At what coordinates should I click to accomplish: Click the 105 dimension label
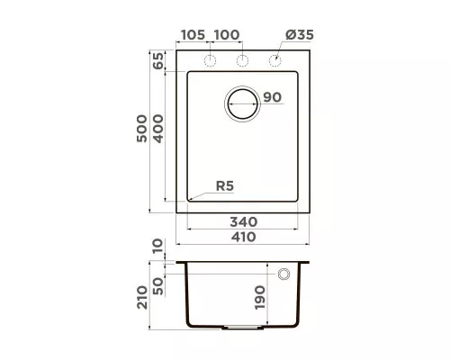pyautogui.click(x=193, y=35)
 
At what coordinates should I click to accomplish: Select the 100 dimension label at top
pyautogui.click(x=227, y=35)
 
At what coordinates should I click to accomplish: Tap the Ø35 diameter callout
pyautogui.click(x=300, y=35)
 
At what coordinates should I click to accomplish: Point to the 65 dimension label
pyautogui.click(x=158, y=61)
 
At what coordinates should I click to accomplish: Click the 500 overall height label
pyautogui.click(x=142, y=129)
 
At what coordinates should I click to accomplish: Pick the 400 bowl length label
pyautogui.click(x=158, y=129)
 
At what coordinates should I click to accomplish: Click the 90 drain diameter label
pyautogui.click(x=273, y=97)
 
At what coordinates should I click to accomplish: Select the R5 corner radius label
pyautogui.click(x=225, y=186)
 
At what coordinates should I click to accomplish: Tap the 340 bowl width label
pyautogui.click(x=244, y=222)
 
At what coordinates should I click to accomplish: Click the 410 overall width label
pyautogui.click(x=243, y=237)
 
